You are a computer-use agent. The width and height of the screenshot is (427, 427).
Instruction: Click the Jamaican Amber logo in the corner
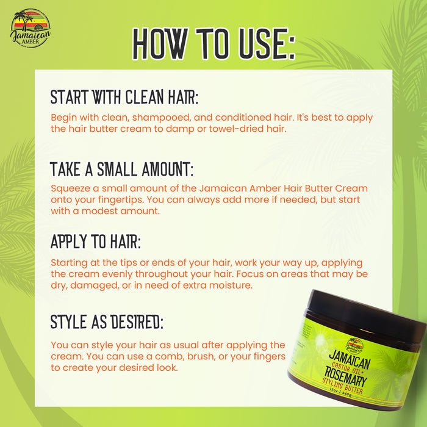(30, 29)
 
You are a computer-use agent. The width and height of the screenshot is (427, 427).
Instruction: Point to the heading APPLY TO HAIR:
(96, 242)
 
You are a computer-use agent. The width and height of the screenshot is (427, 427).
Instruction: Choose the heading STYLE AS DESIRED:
(107, 321)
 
